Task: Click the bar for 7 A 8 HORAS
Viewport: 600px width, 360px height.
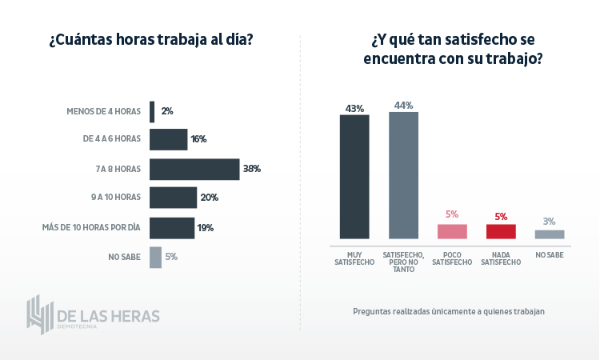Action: pyautogui.click(x=194, y=169)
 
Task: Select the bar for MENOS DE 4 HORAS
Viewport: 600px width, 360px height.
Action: pyautogui.click(x=152, y=111)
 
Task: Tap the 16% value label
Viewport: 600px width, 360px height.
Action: pyautogui.click(x=198, y=139)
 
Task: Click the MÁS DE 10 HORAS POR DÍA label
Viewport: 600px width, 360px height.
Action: pyautogui.click(x=91, y=227)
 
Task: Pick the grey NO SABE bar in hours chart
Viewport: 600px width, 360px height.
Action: pyautogui.click(x=155, y=257)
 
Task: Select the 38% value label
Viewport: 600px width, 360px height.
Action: pyautogui.click(x=252, y=169)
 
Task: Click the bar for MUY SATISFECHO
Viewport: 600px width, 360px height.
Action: pyautogui.click(x=354, y=177)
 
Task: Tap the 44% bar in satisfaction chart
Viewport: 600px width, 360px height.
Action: pyautogui.click(x=403, y=175)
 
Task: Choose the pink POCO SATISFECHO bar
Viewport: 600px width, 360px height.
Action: pyautogui.click(x=452, y=231)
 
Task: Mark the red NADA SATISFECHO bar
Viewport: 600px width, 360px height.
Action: pyautogui.click(x=501, y=231)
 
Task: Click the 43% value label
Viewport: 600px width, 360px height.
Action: pyautogui.click(x=354, y=108)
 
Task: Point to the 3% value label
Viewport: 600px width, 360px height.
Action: pyautogui.click(x=549, y=222)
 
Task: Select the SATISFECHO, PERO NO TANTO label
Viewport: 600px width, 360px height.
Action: pyautogui.click(x=403, y=262)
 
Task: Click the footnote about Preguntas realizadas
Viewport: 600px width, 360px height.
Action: pyautogui.click(x=448, y=311)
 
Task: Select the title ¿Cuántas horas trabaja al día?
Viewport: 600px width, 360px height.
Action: pyautogui.click(x=151, y=40)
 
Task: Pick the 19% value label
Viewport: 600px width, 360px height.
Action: pyautogui.click(x=205, y=228)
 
